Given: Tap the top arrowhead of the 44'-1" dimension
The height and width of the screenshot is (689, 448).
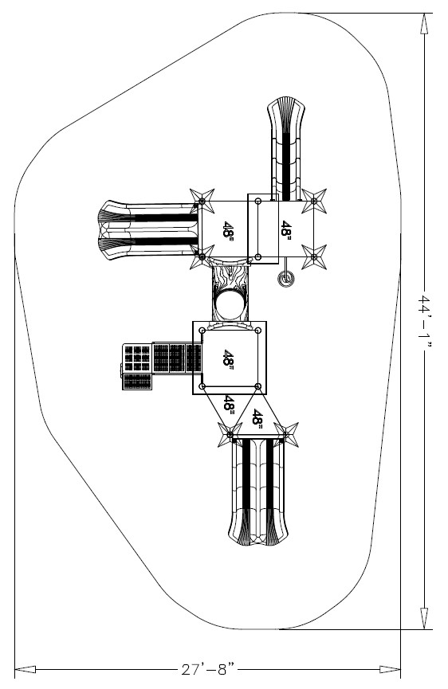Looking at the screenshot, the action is pyautogui.click(x=424, y=23).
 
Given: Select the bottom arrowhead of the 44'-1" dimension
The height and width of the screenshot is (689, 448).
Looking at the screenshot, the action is pyautogui.click(x=424, y=619).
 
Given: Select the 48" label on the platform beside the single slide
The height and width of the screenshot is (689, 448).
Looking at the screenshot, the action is pyautogui.click(x=286, y=229).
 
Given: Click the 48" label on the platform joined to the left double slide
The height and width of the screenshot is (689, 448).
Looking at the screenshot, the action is pyautogui.click(x=228, y=229).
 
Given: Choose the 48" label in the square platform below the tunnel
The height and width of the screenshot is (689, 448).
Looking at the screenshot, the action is pyautogui.click(x=228, y=358).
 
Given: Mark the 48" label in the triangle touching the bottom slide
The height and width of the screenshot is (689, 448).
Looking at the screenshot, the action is pyautogui.click(x=257, y=419).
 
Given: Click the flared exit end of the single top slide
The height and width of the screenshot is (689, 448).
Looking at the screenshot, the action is pyautogui.click(x=285, y=107).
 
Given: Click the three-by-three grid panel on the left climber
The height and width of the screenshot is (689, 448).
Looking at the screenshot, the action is pyautogui.click(x=137, y=358).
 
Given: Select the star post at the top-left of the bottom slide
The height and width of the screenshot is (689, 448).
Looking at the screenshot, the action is pyautogui.click(x=230, y=435).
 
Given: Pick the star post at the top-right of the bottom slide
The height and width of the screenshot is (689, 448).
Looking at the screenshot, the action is pyautogui.click(x=285, y=435).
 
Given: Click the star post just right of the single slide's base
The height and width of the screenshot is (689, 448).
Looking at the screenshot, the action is pyautogui.click(x=314, y=201).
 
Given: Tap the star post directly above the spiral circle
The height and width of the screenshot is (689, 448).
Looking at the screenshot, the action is pyautogui.click(x=314, y=256).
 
